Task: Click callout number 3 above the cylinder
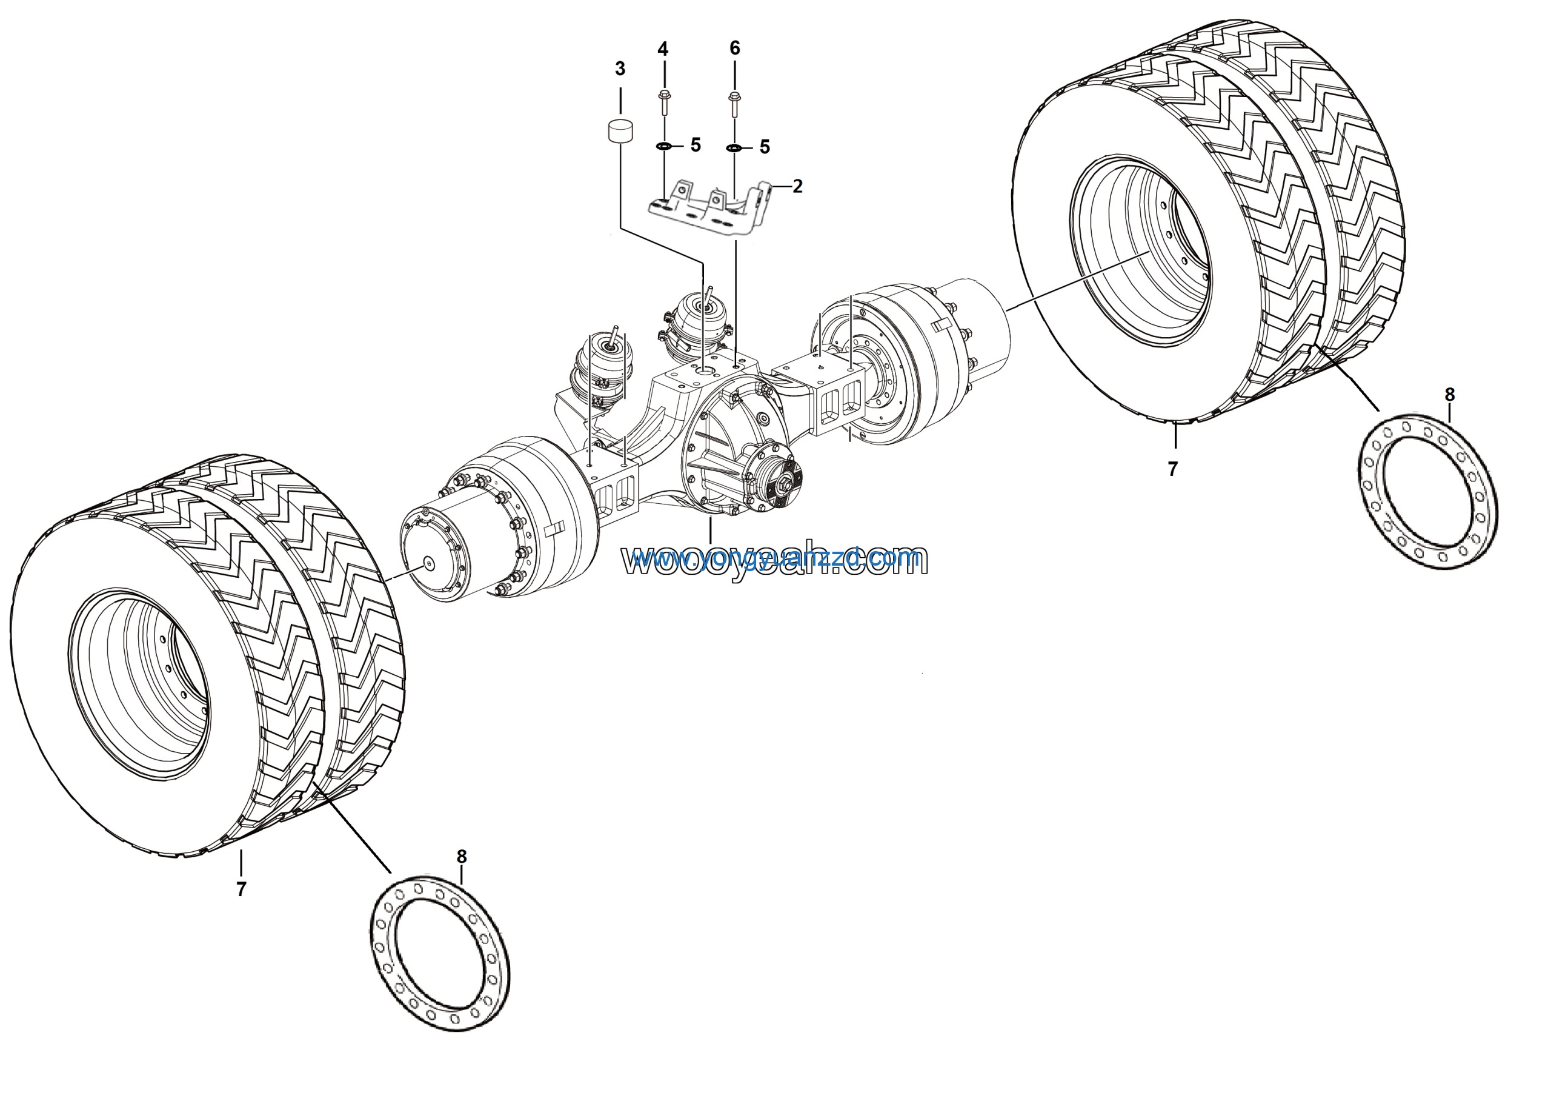pyautogui.click(x=620, y=69)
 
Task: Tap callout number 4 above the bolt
pyautogui.click(x=663, y=49)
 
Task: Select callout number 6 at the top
pyautogui.click(x=734, y=48)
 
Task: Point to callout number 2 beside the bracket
pyautogui.click(x=797, y=186)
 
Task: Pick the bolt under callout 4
pyautogui.click(x=663, y=102)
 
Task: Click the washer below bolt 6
pyautogui.click(x=734, y=148)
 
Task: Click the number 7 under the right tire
pyautogui.click(x=1173, y=469)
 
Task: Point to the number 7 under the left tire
pyautogui.click(x=241, y=889)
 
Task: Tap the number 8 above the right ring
pyautogui.click(x=1449, y=395)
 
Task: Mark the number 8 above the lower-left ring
pyautogui.click(x=462, y=857)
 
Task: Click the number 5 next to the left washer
pyautogui.click(x=696, y=145)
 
